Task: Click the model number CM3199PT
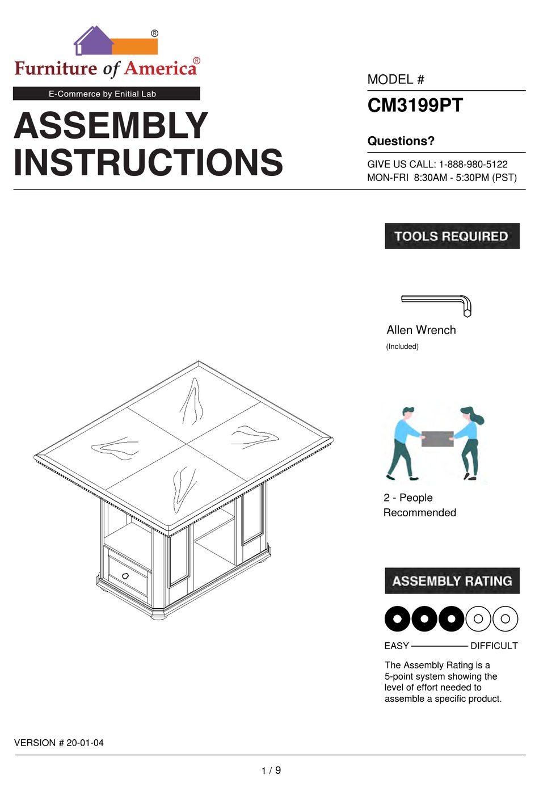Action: point(415,106)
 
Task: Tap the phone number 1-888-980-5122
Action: point(473,165)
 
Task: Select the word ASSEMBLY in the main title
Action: point(111,125)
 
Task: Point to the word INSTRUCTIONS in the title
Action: point(148,163)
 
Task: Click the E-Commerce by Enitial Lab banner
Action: point(106,94)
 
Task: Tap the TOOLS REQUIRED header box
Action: point(452,236)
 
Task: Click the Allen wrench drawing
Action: point(437,303)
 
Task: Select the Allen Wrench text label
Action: point(421,330)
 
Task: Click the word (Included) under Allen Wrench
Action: point(402,347)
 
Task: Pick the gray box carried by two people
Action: point(437,439)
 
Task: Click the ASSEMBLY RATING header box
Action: point(452,581)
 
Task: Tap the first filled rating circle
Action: point(398,619)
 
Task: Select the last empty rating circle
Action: point(505,619)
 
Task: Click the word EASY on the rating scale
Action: point(396,646)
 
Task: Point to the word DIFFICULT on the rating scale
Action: point(494,646)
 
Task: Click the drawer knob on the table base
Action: point(125,576)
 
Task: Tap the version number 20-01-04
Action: point(85,743)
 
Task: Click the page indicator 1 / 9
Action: point(271,770)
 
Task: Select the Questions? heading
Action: point(401,141)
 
